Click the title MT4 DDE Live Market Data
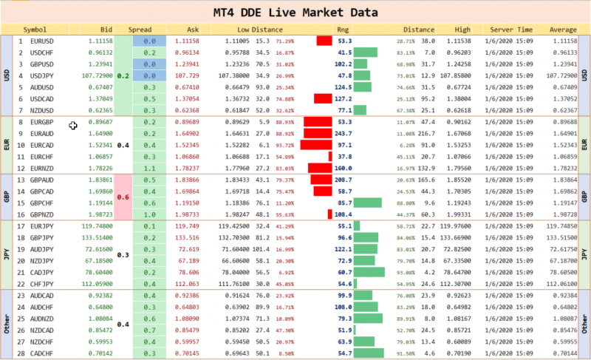pos(295,13)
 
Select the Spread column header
pos(140,30)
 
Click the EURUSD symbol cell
pos(43,41)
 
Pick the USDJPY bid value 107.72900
pos(95,75)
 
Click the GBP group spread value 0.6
pos(123,197)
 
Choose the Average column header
pos(563,30)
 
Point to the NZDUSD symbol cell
pos(43,110)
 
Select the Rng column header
pos(343,30)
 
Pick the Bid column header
pos(106,30)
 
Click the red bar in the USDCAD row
pos(323,98)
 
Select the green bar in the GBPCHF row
pos(367,203)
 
